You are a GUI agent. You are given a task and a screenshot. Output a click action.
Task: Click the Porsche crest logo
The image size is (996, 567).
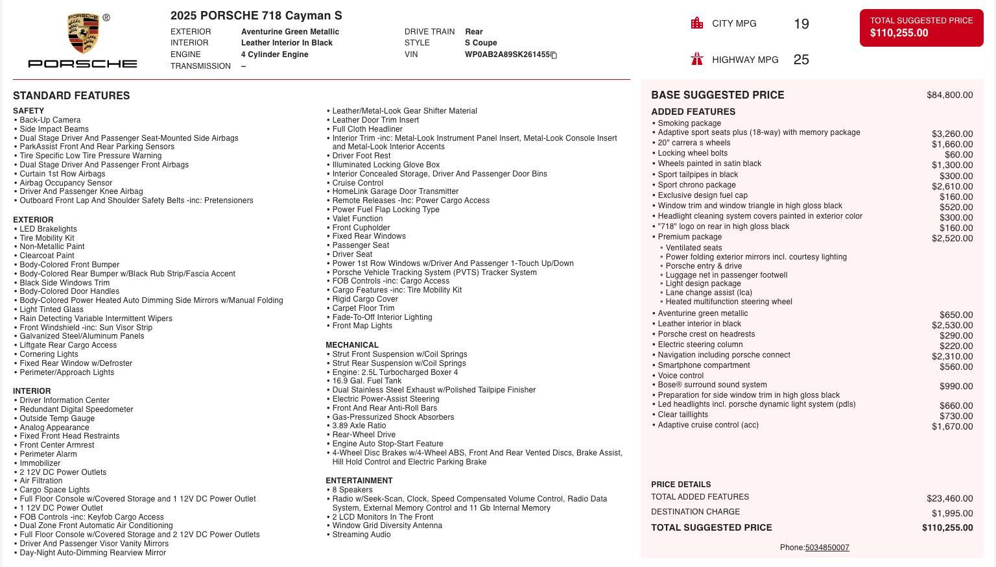[x=83, y=34]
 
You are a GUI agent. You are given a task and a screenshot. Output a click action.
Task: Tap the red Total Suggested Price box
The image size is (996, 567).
[x=921, y=27]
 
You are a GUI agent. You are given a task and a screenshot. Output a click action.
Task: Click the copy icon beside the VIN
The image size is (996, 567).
[x=554, y=55]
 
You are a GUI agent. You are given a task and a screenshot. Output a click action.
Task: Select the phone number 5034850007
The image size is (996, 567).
[x=827, y=548]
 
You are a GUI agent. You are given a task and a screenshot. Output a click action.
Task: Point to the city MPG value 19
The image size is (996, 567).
[x=801, y=24]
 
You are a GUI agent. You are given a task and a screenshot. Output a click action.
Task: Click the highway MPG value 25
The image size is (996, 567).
[x=801, y=60]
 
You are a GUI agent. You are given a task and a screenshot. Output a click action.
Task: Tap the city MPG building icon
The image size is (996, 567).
[x=697, y=23]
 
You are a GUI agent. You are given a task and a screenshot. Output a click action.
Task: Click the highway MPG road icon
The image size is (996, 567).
[x=697, y=59]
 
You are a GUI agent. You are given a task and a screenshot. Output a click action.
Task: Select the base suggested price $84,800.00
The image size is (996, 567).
[x=949, y=95]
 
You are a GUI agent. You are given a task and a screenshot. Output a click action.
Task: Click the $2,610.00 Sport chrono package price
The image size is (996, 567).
[x=952, y=186]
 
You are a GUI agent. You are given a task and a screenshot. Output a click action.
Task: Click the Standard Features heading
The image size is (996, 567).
[x=71, y=95]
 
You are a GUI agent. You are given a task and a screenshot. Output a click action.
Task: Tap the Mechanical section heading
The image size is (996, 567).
[x=352, y=345]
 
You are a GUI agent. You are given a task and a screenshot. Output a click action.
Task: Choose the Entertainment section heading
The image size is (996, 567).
[x=359, y=481]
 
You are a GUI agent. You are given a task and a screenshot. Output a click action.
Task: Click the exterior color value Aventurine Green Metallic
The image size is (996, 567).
[x=290, y=32]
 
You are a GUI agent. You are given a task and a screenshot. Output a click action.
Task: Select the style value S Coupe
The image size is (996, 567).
[x=480, y=43]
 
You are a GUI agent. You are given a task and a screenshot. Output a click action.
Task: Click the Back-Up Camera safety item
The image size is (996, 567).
[x=50, y=120]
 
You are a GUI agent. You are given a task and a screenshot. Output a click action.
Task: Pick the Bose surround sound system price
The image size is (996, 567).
[x=956, y=386]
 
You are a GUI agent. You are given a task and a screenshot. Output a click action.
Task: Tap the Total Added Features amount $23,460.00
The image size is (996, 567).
[x=949, y=498]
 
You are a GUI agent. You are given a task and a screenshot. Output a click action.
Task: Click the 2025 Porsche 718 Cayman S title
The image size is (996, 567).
[x=256, y=16]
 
